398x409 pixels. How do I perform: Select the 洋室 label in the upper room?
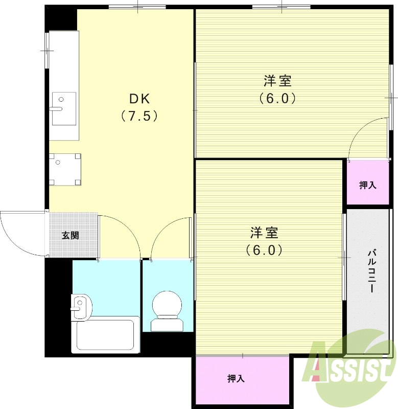(x=277, y=80)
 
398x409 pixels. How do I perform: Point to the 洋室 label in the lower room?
(x=264, y=233)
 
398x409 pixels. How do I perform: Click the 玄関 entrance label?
(x=71, y=236)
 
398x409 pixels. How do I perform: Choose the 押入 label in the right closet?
(x=367, y=185)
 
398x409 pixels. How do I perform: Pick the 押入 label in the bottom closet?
(x=236, y=379)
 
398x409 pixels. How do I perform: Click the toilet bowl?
(x=167, y=306)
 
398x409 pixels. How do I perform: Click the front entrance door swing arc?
(x=20, y=233)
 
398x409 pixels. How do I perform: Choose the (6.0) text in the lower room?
(x=264, y=251)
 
